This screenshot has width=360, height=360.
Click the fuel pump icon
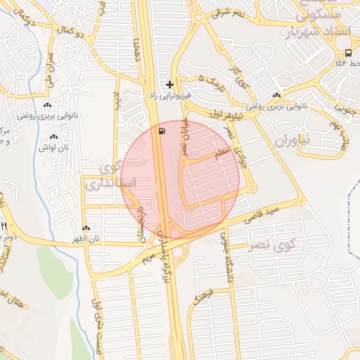coord(164,131)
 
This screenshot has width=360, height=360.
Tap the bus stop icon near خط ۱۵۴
coord(349,53)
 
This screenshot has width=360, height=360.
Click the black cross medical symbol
coord(169,84)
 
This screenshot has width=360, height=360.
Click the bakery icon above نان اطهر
coord(86,228)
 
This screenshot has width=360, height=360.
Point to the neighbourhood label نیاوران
coord(291,140)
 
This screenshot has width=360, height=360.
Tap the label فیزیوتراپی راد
coord(167,94)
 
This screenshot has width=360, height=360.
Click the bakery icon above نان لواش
coord(53,136)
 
